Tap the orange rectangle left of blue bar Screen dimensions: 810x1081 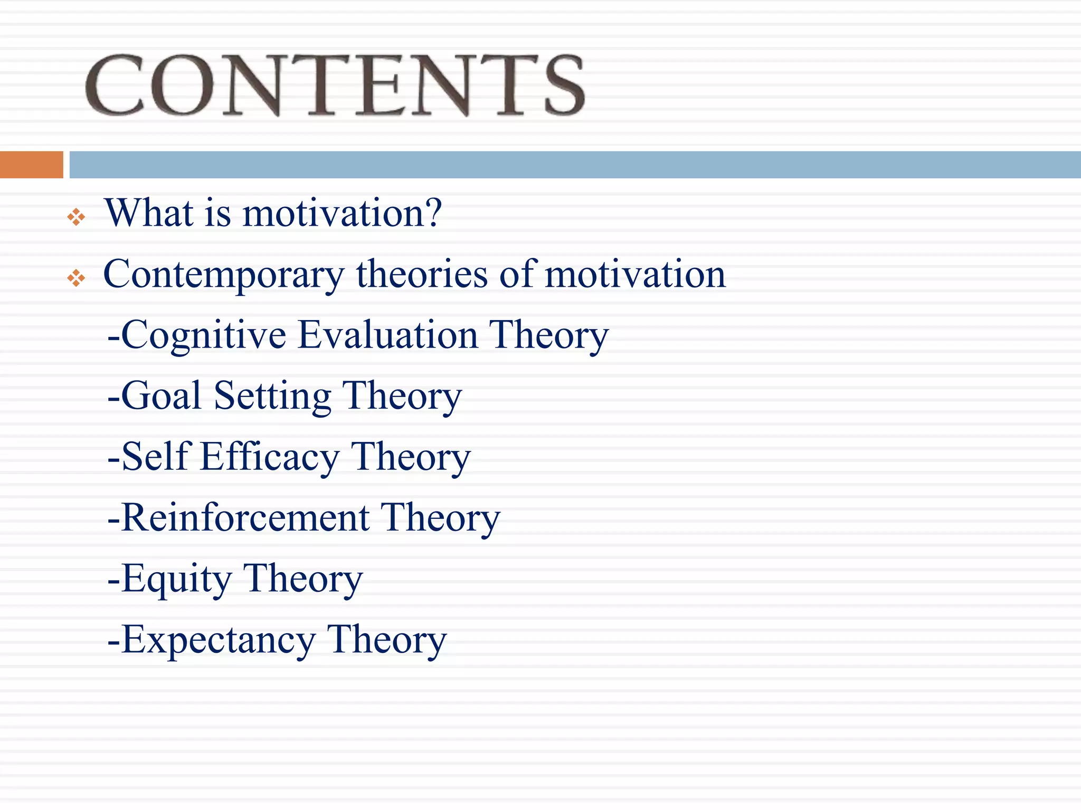(x=31, y=165)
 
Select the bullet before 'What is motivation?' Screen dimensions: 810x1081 (x=76, y=217)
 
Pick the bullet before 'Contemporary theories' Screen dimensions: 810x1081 (x=76, y=278)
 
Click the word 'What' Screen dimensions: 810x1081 (x=149, y=213)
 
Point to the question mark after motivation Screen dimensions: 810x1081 (x=431, y=213)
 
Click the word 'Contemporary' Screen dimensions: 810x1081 (x=223, y=275)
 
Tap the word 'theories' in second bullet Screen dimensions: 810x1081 (x=422, y=274)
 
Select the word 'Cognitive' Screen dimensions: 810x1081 (x=204, y=336)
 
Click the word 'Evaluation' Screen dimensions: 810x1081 (x=387, y=335)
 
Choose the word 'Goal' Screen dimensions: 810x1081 (x=162, y=396)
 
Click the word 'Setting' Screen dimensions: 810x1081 (x=272, y=397)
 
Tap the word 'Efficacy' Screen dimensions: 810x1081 (x=270, y=457)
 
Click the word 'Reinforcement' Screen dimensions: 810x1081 (x=245, y=517)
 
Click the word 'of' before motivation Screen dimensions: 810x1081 (x=518, y=274)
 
